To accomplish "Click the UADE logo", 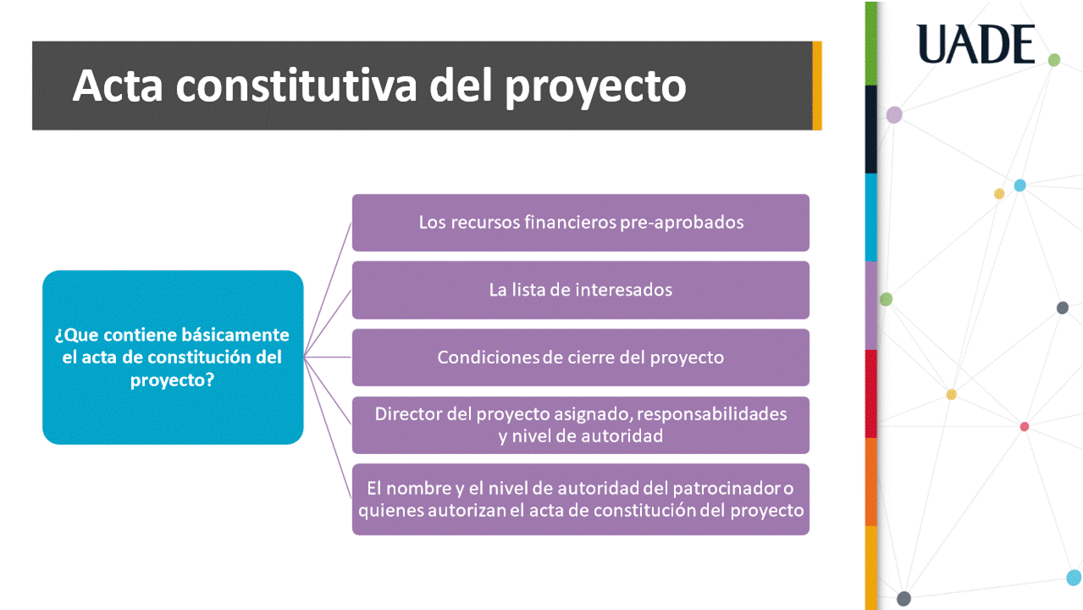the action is (975, 44).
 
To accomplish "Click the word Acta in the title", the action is (118, 86).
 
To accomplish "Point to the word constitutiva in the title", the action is (296, 86).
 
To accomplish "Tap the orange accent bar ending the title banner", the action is (817, 86).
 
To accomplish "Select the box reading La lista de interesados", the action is (581, 290).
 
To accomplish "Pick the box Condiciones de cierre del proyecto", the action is (581, 358).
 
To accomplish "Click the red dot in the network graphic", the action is (1025, 427).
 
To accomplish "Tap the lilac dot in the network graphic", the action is (894, 115).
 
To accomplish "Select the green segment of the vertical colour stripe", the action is (870, 43).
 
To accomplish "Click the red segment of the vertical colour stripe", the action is (870, 394).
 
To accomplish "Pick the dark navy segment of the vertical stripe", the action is (870, 130).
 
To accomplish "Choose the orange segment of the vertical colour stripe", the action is (870, 482).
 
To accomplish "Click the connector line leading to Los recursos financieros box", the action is (328, 290).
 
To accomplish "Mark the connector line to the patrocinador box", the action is (328, 428).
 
